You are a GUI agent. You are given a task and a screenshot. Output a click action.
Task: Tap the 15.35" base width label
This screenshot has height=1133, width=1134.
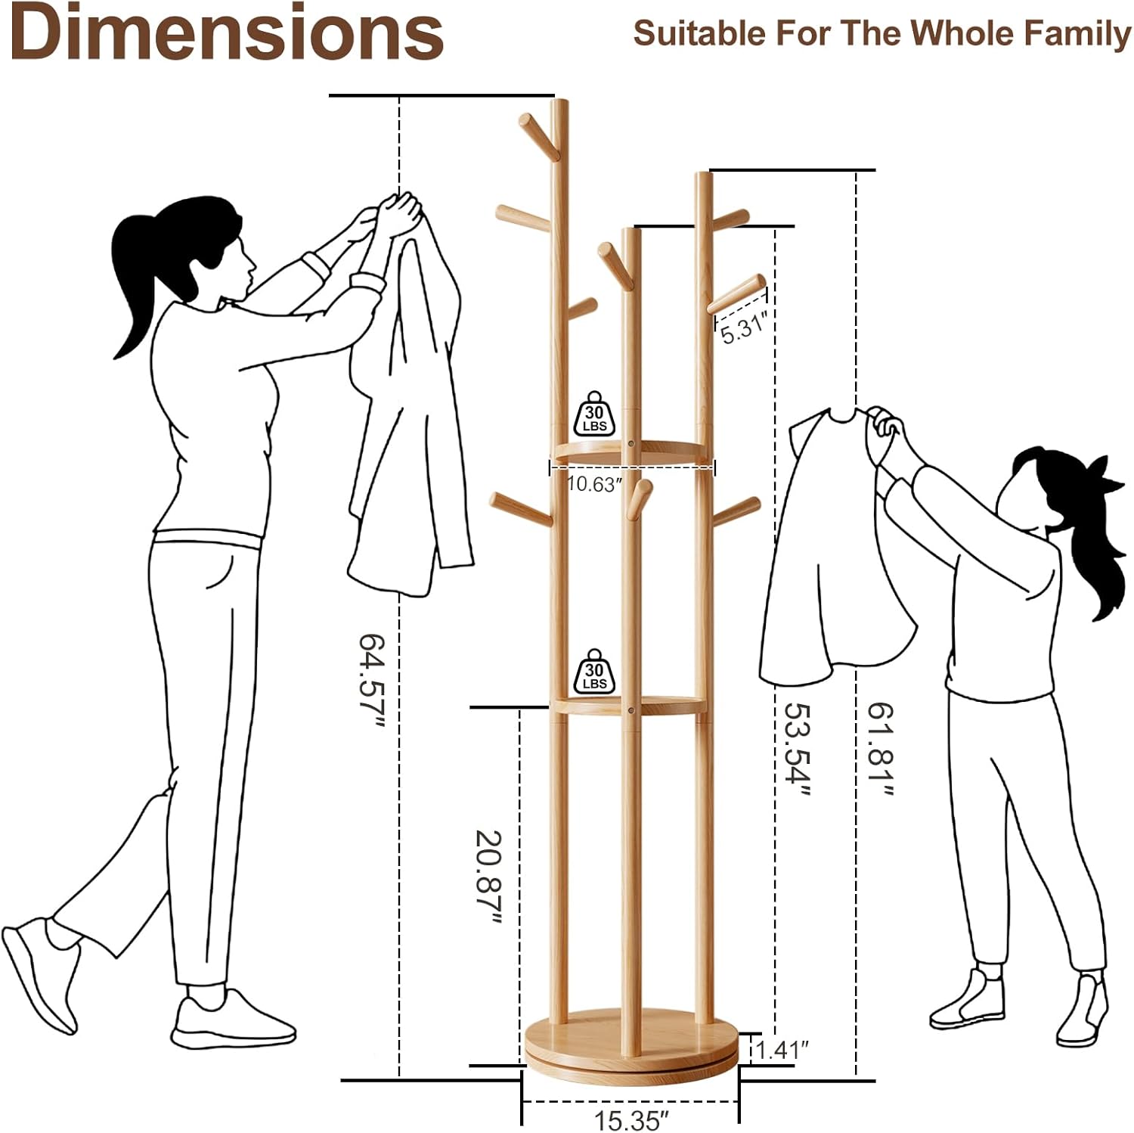632,1119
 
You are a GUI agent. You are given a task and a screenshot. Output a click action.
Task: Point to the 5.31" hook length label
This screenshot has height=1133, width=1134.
745,329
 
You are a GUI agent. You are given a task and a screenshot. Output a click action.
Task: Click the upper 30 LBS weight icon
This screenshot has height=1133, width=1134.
595,414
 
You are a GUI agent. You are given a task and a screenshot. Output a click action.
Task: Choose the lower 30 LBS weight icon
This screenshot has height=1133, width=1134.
595,671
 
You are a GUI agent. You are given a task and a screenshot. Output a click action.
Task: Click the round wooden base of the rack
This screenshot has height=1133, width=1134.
631,1044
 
